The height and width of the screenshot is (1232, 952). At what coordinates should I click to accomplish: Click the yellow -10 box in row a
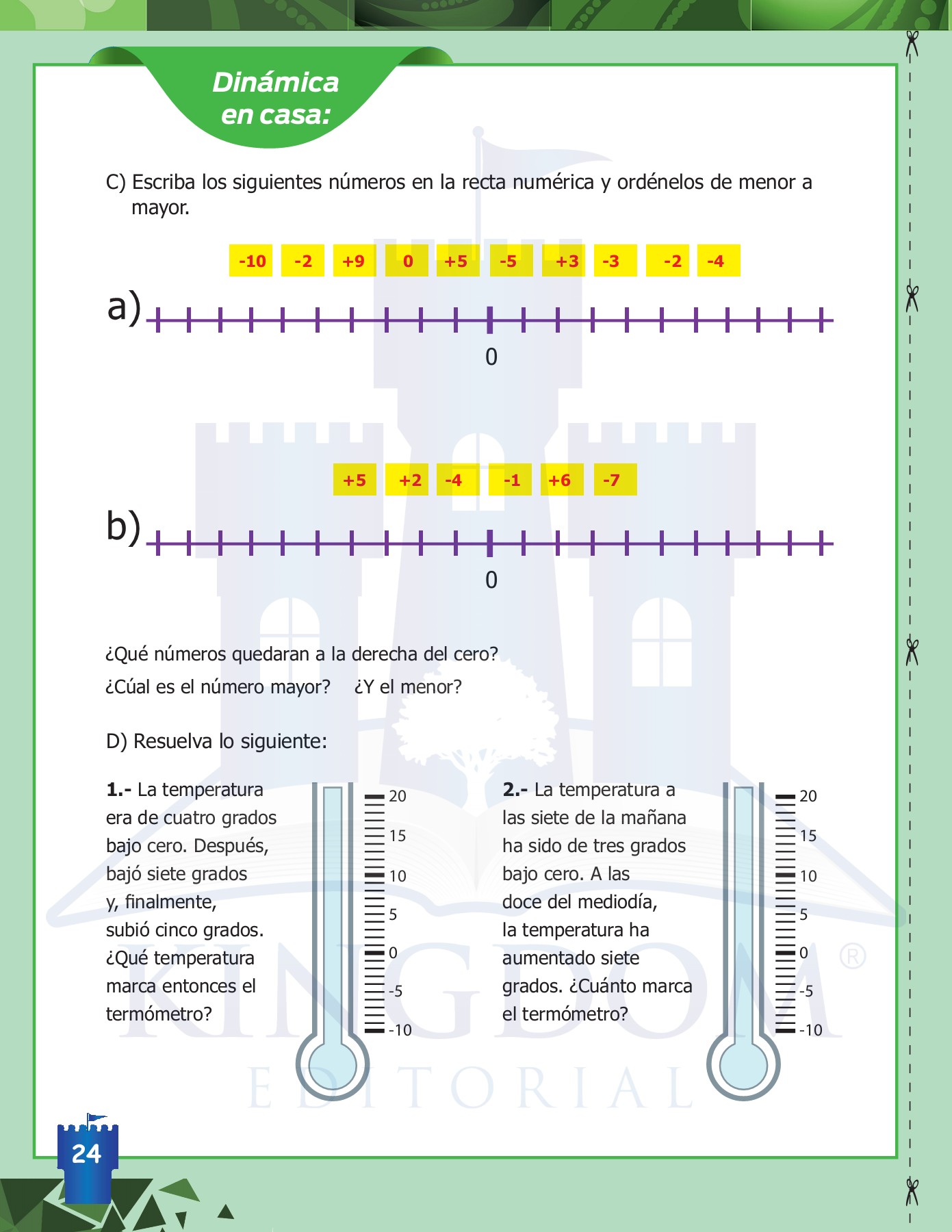point(251,261)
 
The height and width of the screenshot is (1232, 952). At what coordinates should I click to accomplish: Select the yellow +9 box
point(354,261)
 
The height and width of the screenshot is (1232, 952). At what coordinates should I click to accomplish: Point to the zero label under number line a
point(491,357)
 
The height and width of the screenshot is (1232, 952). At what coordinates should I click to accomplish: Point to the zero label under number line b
point(491,580)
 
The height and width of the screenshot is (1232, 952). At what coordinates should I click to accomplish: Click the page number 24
point(87,1154)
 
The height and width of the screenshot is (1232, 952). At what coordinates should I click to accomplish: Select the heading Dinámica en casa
point(276,98)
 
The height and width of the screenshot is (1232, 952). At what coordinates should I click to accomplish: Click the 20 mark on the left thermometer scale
point(397,796)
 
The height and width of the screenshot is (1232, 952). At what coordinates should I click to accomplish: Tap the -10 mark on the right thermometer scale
point(810,1030)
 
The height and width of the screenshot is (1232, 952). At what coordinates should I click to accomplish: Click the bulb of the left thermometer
point(333,1065)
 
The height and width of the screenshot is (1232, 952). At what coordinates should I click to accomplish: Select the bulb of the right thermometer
point(743,1065)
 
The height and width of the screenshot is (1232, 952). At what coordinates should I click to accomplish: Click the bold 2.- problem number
point(515,790)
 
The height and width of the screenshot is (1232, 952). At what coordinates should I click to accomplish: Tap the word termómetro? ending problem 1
point(159,1014)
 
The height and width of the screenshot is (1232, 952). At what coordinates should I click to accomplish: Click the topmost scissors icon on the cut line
point(911,44)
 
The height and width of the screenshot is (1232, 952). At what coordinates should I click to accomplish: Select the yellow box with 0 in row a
point(407,261)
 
